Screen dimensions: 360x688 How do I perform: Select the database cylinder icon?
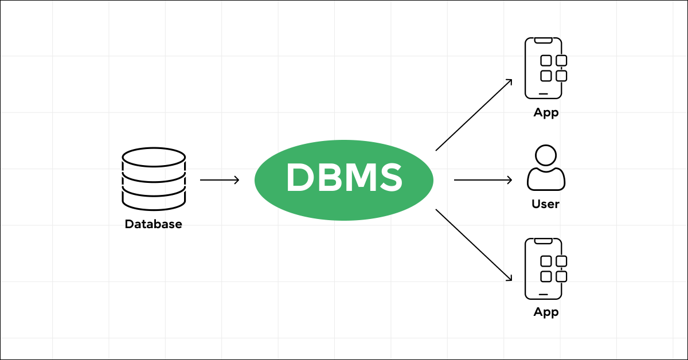pyautogui.click(x=154, y=179)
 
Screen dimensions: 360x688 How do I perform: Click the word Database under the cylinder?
pyautogui.click(x=154, y=224)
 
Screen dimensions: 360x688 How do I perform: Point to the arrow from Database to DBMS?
pyautogui.click(x=220, y=180)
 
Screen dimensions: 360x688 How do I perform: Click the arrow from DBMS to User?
pyautogui.click(x=483, y=180)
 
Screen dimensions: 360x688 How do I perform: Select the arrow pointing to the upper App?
pyautogui.click(x=474, y=115)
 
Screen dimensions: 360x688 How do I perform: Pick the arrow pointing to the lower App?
pyautogui.click(x=474, y=245)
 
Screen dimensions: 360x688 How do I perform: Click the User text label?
pyautogui.click(x=545, y=204)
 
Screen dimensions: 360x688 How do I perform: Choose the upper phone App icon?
pyautogui.click(x=544, y=68)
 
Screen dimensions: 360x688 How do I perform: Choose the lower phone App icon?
pyautogui.click(x=544, y=268)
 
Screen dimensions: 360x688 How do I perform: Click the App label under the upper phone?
pyautogui.click(x=546, y=112)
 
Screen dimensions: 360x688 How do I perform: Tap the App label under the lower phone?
pyautogui.click(x=546, y=312)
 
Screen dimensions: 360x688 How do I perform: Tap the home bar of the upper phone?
pyautogui.click(x=544, y=93)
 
